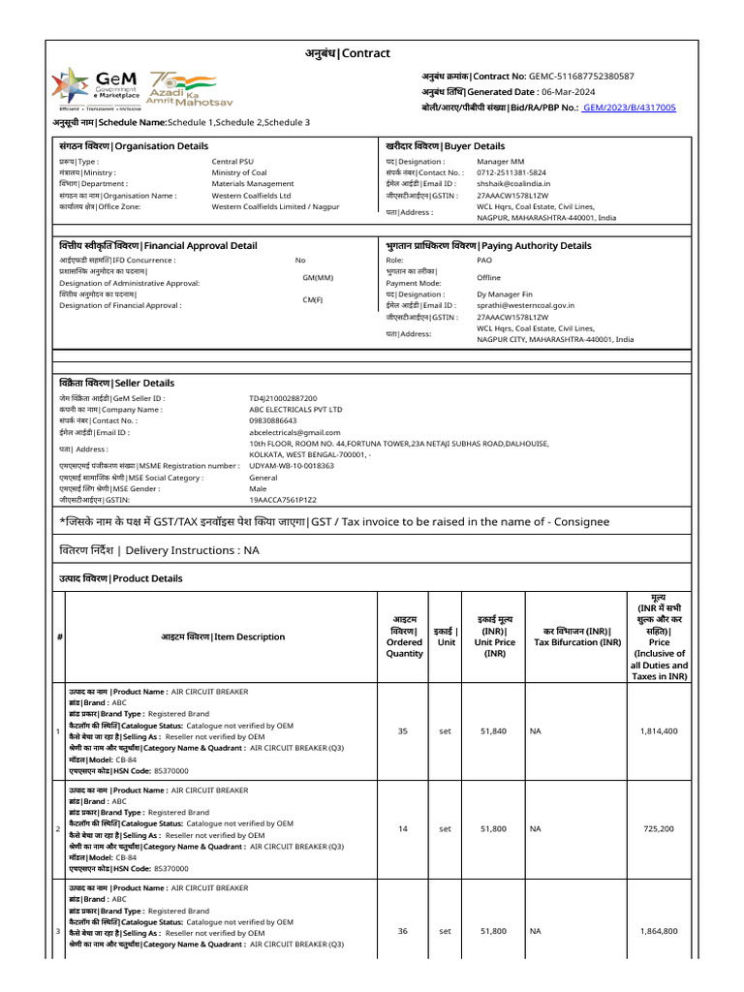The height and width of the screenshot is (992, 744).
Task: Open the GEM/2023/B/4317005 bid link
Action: (x=630, y=108)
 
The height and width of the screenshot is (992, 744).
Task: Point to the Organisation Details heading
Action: (x=133, y=146)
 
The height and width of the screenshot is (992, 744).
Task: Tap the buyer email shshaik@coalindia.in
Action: (x=513, y=183)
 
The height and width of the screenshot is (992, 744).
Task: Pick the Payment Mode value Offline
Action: (x=489, y=277)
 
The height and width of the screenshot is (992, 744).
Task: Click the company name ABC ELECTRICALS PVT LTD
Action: (x=295, y=410)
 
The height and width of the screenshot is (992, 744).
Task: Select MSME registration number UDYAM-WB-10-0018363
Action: (x=292, y=466)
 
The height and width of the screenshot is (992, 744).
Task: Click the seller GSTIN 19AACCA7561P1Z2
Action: (x=283, y=500)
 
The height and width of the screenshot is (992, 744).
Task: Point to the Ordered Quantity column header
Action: (x=404, y=636)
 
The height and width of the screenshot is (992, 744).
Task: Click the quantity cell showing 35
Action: (x=403, y=731)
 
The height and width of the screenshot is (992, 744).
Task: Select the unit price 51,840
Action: (x=493, y=731)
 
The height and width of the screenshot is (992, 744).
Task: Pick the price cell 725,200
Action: (x=659, y=829)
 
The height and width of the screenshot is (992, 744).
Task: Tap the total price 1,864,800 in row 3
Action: (x=659, y=931)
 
